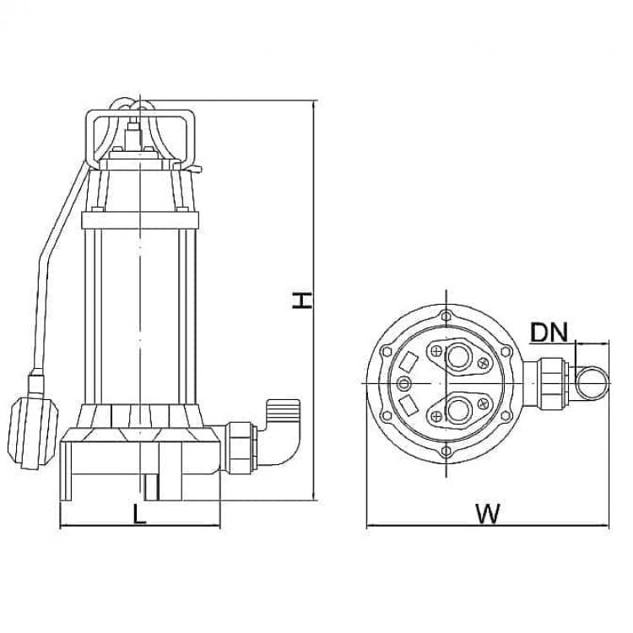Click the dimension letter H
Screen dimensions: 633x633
coord(302,301)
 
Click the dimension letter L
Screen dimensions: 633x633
coord(139,514)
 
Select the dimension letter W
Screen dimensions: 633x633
coord(488,513)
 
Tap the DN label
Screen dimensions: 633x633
coord(549,333)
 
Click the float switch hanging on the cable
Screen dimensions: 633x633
coord(32,432)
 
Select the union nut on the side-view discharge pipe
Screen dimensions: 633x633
coord(241,447)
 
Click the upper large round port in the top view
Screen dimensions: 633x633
coord(459,356)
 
